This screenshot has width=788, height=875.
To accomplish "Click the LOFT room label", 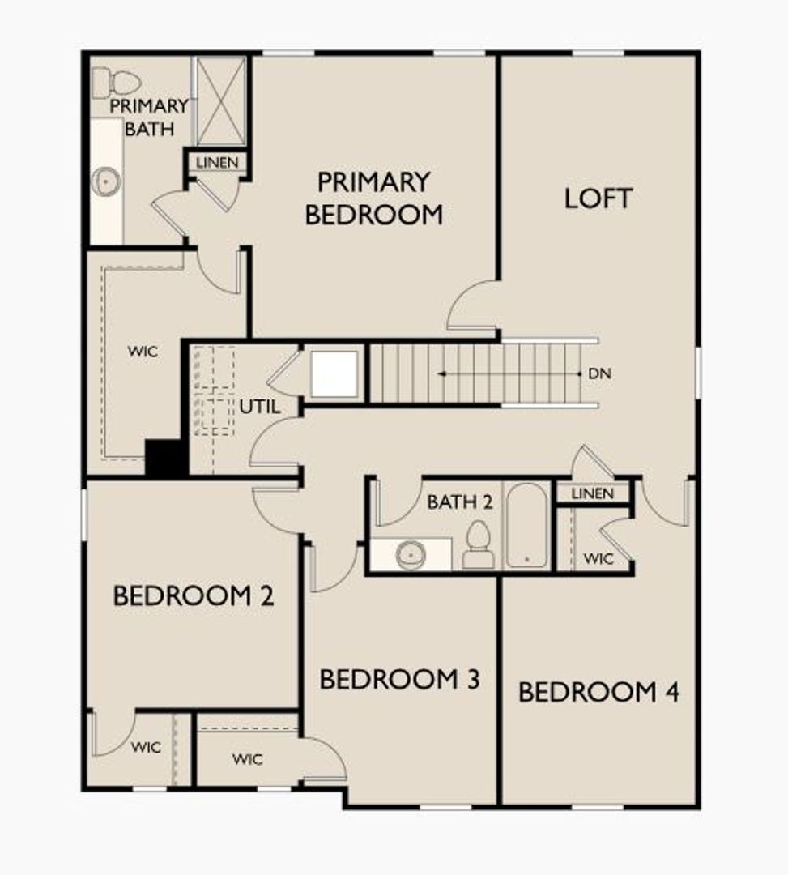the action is coord(598,198).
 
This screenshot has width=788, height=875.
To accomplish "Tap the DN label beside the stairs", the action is coord(599,373).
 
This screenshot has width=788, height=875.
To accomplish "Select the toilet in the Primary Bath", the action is coord(116,83).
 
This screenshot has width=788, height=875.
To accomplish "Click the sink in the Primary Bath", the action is coord(106,181).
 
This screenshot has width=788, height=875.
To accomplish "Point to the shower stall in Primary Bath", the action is coord(221,101).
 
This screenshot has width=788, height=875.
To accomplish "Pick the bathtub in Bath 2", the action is coord(526,525).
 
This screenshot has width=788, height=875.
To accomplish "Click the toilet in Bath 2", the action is coord(478,545).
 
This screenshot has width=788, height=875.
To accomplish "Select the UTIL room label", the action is coord(259,407).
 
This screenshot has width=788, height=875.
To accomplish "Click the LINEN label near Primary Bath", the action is coord(217,162).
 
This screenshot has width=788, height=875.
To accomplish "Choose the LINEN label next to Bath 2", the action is coord(592,493).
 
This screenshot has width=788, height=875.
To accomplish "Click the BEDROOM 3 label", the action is coord(399,679).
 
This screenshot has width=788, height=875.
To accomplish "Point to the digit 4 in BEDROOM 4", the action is coord(671,692).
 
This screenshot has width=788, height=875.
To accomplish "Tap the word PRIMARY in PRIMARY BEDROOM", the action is coord(373,182).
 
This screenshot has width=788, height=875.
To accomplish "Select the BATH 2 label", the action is coord(459,502).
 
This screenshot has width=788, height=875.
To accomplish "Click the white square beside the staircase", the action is coord(334,373).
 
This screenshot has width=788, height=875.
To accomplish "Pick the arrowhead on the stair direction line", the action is coord(441,373).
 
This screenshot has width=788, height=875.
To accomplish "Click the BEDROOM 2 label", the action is coord(194,595).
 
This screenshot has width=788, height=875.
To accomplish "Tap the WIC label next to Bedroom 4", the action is coord(598,558).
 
